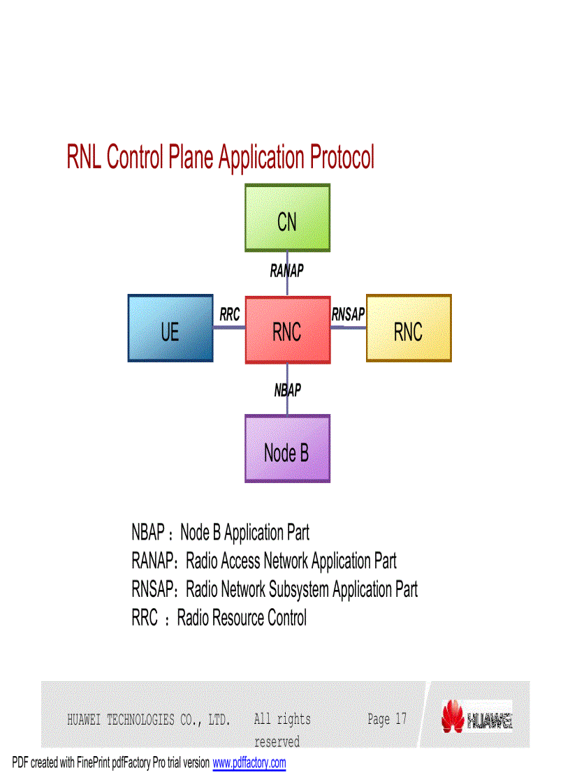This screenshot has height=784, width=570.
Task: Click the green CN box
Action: pos(287,218)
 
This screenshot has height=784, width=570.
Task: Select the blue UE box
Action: pos(170,328)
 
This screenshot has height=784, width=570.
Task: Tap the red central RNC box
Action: pos(287,330)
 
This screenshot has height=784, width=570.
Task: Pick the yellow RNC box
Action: pos(409,328)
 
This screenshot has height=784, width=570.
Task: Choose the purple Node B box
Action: pos(287,449)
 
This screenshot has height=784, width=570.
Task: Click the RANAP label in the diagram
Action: pos(287,271)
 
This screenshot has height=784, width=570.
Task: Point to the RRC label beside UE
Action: pos(229,315)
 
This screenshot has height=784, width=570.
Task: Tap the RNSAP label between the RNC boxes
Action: pos(348,315)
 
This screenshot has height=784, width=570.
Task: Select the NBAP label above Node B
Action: pos(287,390)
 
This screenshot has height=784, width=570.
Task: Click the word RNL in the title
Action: pos(84,158)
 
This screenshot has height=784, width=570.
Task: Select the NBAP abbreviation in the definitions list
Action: pos(148,533)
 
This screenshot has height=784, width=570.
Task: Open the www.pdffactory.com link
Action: pos(249,763)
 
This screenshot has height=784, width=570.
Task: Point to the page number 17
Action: pos(401,719)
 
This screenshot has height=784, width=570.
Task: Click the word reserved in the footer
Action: pos(277,741)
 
